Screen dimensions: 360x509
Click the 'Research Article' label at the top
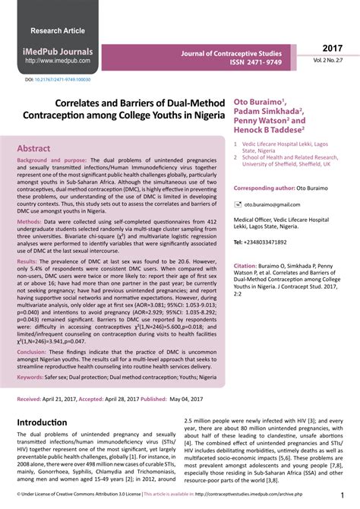click(57, 30)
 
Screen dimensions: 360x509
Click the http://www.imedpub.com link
click(58, 61)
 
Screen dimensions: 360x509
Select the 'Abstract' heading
click(34, 149)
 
